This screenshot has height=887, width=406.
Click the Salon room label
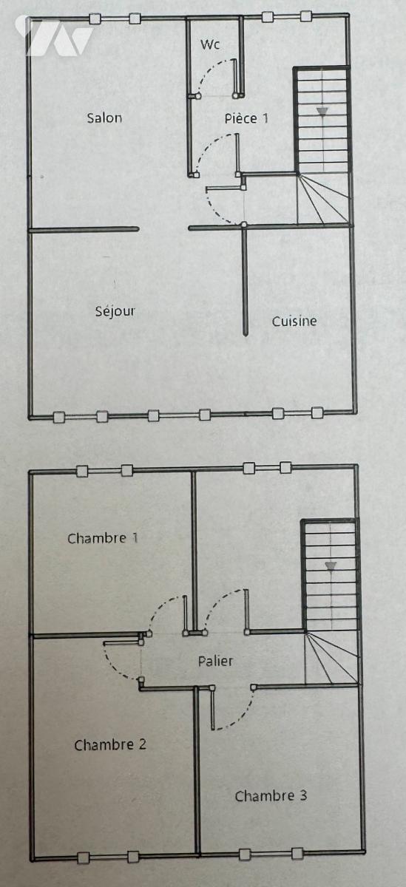tap(104, 118)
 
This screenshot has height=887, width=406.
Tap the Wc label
tap(210, 44)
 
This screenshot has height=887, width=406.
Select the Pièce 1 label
tap(246, 118)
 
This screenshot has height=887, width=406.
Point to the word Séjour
tap(115, 311)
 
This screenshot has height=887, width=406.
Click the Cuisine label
tap(294, 321)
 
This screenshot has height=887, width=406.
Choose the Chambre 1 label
tap(103, 538)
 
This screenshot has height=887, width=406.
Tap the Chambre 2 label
tap(110, 745)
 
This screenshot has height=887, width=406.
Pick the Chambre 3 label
tap(271, 795)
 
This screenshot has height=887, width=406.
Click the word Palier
tap(215, 661)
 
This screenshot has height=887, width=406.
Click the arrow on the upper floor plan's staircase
tap(323, 112)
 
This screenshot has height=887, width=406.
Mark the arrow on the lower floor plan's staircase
tap(331, 566)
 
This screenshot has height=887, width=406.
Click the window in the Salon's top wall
tap(115, 18)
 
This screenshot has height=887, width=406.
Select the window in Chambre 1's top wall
tap(104, 471)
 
